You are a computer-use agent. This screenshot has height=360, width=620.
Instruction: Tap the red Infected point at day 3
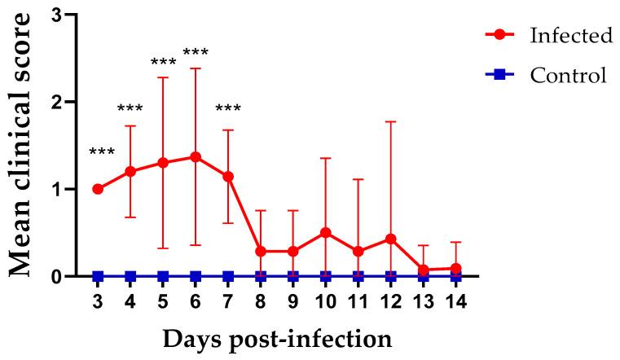[x=98, y=189]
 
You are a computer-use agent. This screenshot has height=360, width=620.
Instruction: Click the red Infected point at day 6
[x=196, y=156]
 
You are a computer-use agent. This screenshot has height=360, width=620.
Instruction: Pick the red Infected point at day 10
[x=326, y=232]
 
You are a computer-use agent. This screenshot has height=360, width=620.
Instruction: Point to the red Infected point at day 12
[x=391, y=239]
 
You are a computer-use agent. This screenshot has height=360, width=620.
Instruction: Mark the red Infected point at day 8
[x=261, y=251]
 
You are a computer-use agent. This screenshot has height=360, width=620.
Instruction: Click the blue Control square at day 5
[x=163, y=276]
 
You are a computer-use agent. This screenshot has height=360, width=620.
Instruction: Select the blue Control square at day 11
[x=358, y=276]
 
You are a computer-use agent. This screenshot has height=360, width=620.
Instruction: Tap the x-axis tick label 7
[x=228, y=299]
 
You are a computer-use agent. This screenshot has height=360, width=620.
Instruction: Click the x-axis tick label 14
[x=456, y=299]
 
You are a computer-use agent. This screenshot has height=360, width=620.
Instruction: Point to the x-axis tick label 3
[x=98, y=299]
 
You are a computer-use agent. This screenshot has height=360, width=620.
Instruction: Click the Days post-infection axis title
[x=277, y=336]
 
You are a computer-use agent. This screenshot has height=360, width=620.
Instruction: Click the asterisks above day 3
[x=102, y=152]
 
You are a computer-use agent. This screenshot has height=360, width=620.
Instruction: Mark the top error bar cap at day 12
[x=391, y=121]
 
